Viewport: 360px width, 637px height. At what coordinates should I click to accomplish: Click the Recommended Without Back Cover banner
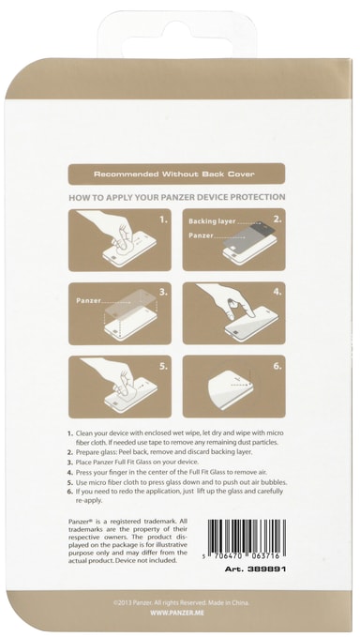[x=176, y=174]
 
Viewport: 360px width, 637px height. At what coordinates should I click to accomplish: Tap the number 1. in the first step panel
[x=163, y=220]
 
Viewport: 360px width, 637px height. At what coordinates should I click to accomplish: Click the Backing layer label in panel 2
[x=212, y=221]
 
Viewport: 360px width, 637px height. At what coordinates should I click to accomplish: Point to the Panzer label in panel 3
[x=88, y=300]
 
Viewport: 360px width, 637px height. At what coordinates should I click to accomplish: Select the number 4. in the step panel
[x=277, y=292]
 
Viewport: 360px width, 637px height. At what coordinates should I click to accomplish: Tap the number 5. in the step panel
[x=163, y=366]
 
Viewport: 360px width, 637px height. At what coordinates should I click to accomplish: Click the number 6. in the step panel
[x=277, y=366]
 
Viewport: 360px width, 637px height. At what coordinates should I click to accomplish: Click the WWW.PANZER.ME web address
[x=177, y=613]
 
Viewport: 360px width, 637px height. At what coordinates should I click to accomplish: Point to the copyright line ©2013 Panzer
[x=181, y=603]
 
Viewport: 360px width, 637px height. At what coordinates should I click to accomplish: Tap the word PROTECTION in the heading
[x=257, y=197]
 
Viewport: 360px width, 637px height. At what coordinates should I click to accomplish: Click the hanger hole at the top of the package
[x=176, y=36]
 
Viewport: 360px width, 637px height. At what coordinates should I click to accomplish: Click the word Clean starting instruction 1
[x=83, y=433]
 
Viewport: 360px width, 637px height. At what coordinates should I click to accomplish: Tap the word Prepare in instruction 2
[x=86, y=452]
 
